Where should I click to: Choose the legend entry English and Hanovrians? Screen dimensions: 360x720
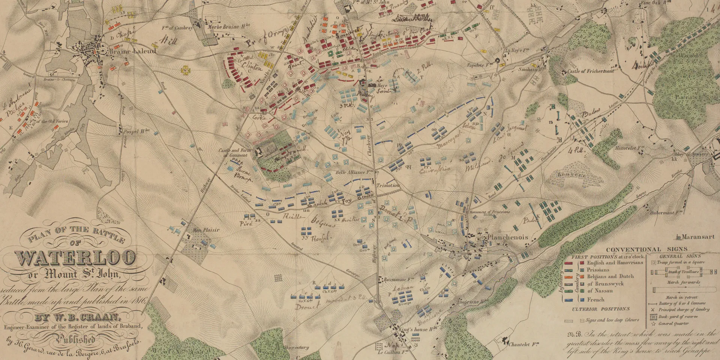(x=615, y=262)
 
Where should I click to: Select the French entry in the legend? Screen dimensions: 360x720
(x=595, y=300)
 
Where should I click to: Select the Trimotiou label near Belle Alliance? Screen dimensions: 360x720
(x=389, y=186)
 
